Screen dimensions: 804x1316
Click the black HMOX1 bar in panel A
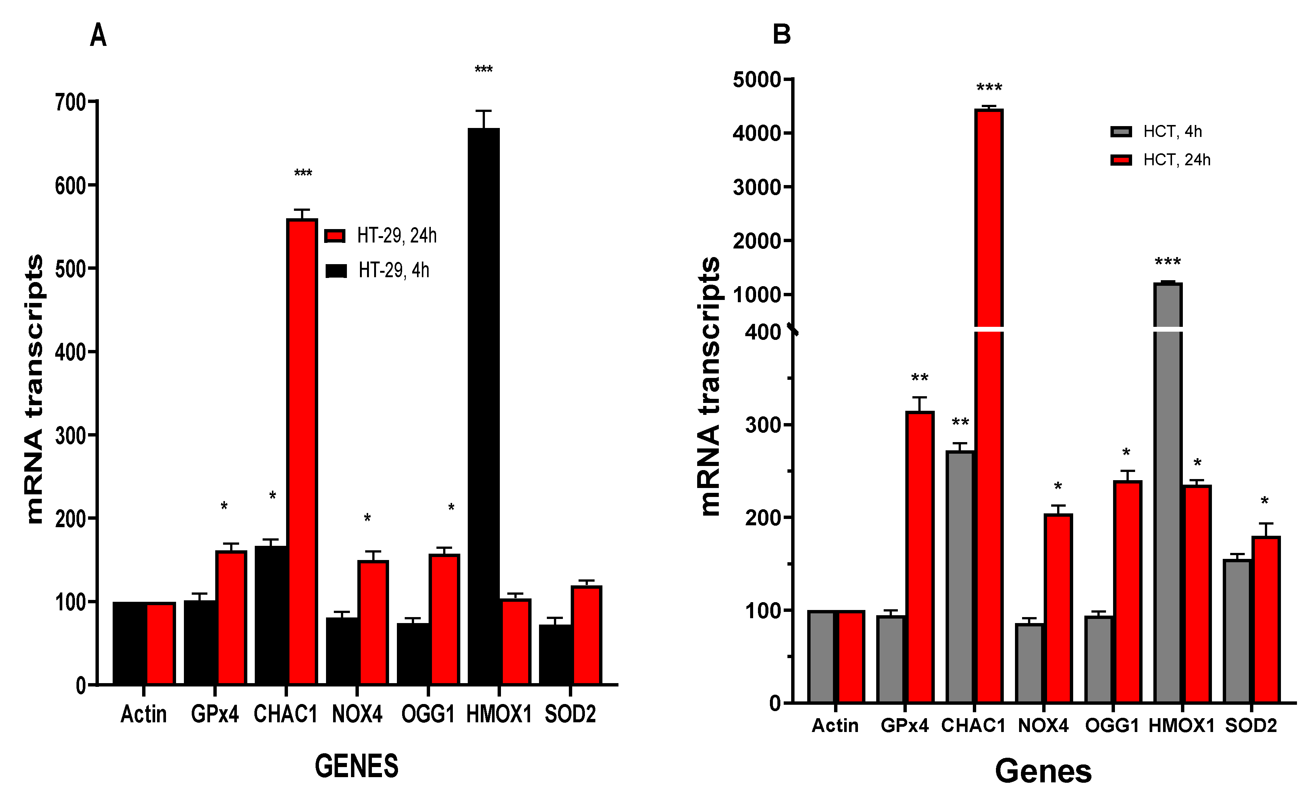[483, 406]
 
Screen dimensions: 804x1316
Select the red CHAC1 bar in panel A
[302, 451]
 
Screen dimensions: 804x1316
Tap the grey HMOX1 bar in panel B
[1168, 491]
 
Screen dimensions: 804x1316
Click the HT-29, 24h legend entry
[380, 235]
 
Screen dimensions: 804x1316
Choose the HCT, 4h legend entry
[1156, 131]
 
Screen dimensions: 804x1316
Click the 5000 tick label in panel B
[757, 80]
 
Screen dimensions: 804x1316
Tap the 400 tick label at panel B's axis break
[763, 332]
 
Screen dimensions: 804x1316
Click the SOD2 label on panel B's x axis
[1250, 726]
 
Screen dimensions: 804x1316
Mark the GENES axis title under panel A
[356, 766]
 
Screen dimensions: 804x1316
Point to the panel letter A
[98, 36]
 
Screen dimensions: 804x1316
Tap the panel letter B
[781, 35]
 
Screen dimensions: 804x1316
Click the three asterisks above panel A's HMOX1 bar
[483, 69]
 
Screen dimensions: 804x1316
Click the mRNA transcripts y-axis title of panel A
[34, 389]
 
